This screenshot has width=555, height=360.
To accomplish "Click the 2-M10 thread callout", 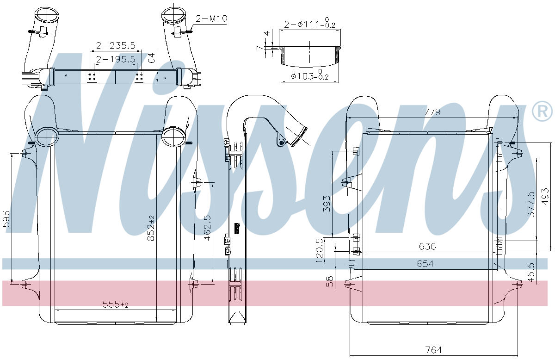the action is pyautogui.click(x=211, y=19).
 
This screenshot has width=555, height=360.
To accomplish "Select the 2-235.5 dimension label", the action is pyautogui.click(x=116, y=46).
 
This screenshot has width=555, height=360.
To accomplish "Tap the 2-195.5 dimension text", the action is pyautogui.click(x=116, y=59).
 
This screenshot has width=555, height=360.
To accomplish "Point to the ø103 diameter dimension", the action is pyautogui.click(x=309, y=75).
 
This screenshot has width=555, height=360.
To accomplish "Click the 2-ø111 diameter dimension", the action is pyautogui.click(x=310, y=23).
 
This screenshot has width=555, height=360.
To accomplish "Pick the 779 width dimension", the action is pyautogui.click(x=432, y=112).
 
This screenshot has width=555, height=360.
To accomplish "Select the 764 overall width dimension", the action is pyautogui.click(x=434, y=350).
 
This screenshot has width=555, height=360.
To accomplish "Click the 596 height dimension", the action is pyautogui.click(x=6, y=219).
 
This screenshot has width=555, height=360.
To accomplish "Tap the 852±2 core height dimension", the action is pyautogui.click(x=151, y=228).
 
